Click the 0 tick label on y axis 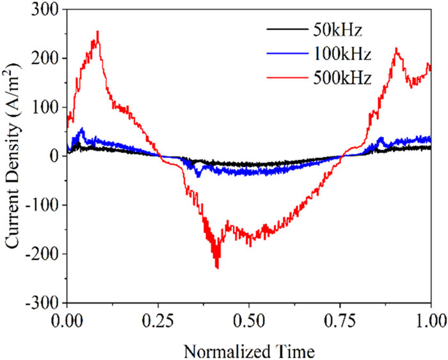[x=54, y=156]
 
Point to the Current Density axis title [x=15, y=156]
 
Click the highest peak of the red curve [x=97, y=31]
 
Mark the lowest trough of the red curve [x=218, y=267]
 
